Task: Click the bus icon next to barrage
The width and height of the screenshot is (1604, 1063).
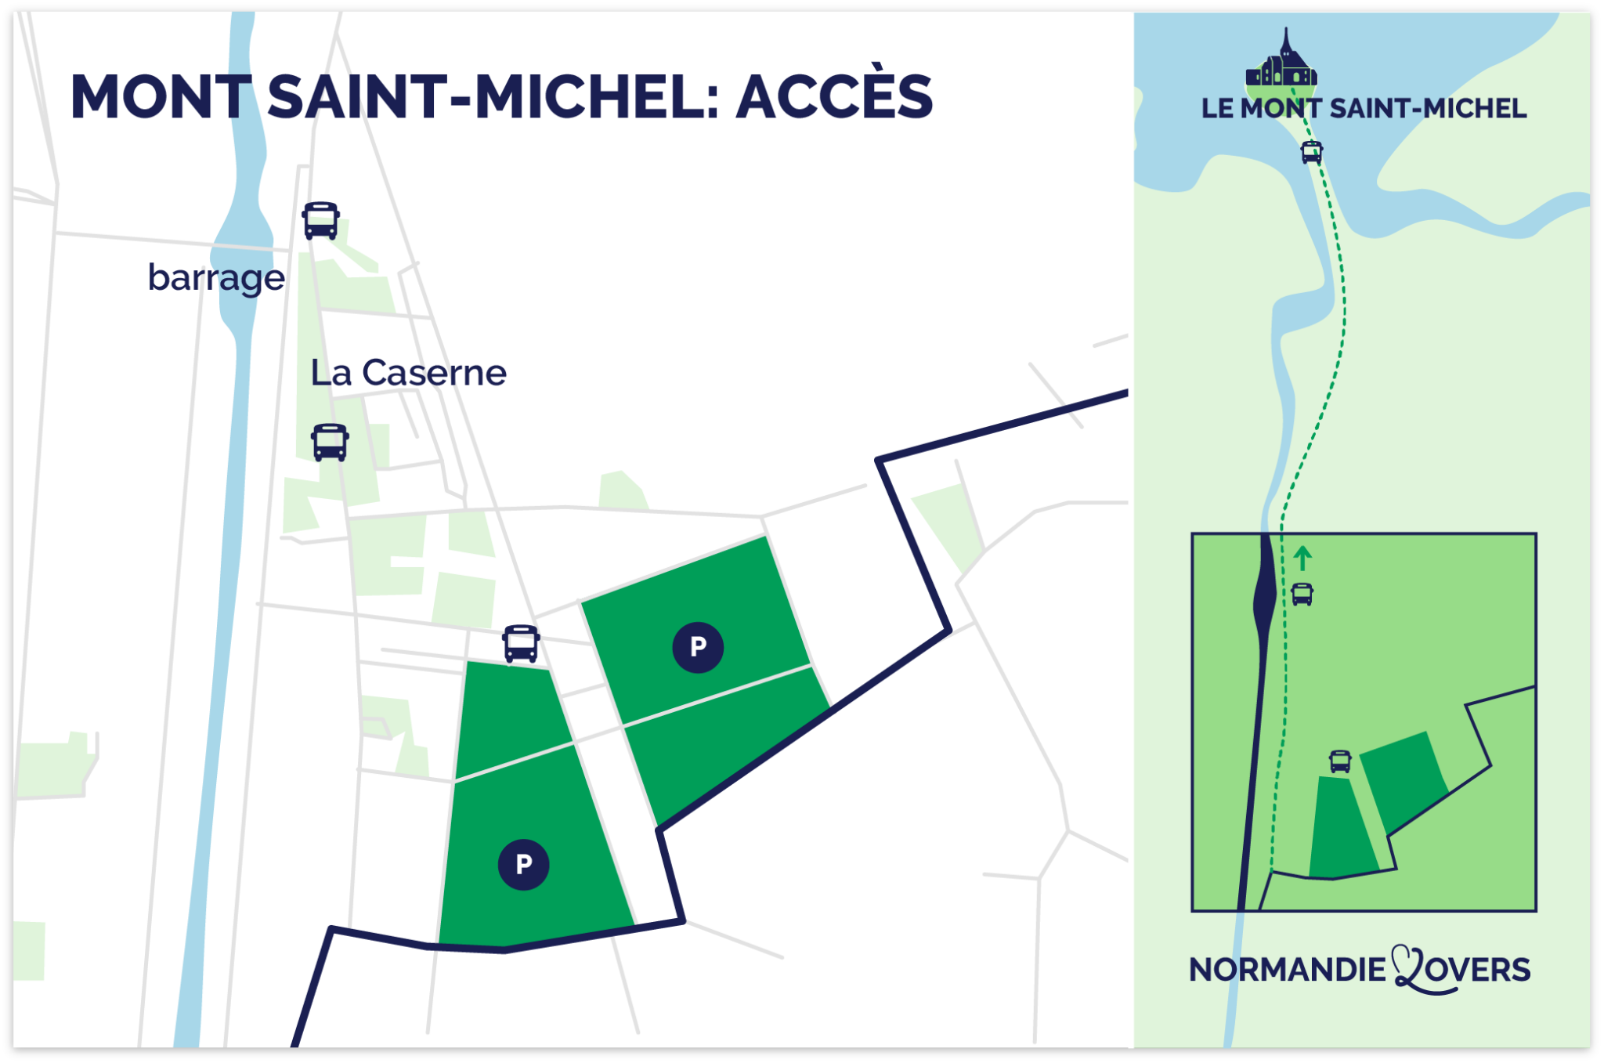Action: pyautogui.click(x=321, y=220)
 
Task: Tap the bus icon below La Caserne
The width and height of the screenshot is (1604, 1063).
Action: pyautogui.click(x=330, y=443)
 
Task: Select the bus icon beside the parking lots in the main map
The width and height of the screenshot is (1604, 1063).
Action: pyautogui.click(x=521, y=644)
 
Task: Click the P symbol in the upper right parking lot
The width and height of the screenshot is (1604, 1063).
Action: pyautogui.click(x=698, y=647)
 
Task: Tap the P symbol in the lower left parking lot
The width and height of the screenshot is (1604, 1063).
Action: pyautogui.click(x=523, y=864)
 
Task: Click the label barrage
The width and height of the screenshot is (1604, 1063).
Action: pyautogui.click(x=216, y=278)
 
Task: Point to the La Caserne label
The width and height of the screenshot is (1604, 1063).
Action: pyautogui.click(x=408, y=373)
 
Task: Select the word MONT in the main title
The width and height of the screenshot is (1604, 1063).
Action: pyautogui.click(x=161, y=97)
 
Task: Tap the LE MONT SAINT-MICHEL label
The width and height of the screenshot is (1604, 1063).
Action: pyautogui.click(x=1364, y=108)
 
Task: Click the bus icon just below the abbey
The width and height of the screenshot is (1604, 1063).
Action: pyautogui.click(x=1312, y=151)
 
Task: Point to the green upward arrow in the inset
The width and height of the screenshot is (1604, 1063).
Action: pyautogui.click(x=1302, y=558)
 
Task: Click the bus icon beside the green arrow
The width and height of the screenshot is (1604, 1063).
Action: pyautogui.click(x=1302, y=595)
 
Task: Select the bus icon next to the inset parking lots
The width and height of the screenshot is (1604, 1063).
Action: pyautogui.click(x=1340, y=761)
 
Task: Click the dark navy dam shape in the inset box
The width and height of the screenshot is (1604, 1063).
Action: pyautogui.click(x=1264, y=595)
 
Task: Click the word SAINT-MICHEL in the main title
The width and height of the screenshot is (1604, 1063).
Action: pyautogui.click(x=493, y=97)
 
